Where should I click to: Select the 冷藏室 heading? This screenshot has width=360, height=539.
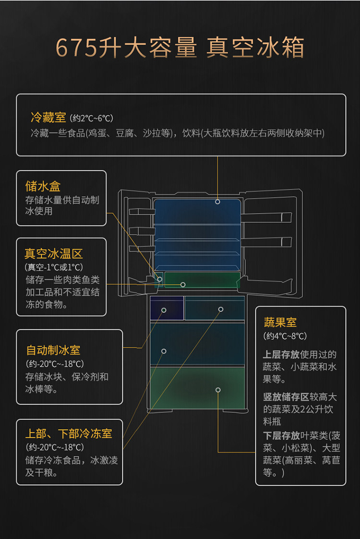pos(48,118)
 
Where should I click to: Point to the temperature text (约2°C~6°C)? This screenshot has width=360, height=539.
pos(92,118)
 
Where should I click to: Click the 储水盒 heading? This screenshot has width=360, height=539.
pos(43,186)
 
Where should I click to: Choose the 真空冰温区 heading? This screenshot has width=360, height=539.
pos(54,254)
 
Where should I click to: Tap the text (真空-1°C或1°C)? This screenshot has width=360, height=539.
pos(54,267)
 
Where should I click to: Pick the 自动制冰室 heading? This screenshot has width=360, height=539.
pos(53,350)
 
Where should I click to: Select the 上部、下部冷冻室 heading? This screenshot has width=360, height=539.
pos(69,433)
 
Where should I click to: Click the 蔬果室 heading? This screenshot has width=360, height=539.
pos(280,323)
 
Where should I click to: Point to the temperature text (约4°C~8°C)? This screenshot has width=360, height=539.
pos(285,336)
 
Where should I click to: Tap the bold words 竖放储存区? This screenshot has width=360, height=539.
pos(286,397)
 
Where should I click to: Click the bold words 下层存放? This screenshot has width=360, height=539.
pos(282,435)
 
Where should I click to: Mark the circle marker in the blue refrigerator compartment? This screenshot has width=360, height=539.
pos(217,202)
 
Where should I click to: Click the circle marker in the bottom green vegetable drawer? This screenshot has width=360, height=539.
pos(218,390)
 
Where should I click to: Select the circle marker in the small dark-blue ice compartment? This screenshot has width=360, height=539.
pos(164,310)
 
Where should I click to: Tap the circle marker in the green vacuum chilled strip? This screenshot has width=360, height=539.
pos(183,285)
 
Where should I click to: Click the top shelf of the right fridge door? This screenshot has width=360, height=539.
pos(266,217)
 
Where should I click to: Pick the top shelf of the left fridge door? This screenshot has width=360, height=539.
pos(142,211)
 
